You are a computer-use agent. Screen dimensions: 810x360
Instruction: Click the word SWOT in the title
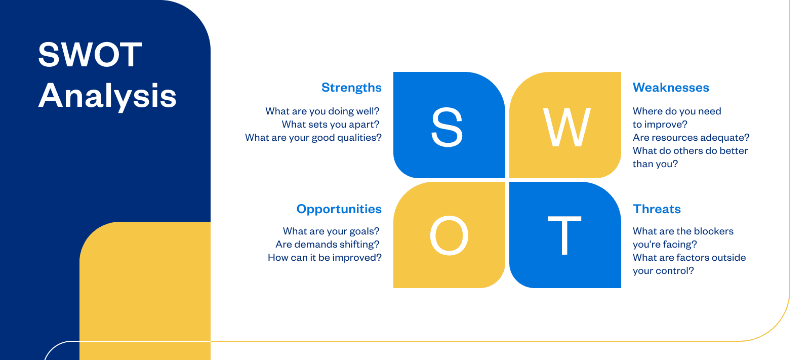coord(90,55)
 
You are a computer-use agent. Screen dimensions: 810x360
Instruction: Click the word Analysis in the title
coord(107,96)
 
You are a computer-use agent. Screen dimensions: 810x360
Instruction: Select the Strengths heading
coord(351,88)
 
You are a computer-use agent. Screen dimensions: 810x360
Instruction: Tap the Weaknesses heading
coord(671,88)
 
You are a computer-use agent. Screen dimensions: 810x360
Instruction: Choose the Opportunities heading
coord(339,209)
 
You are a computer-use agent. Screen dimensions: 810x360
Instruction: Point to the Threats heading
coord(657,209)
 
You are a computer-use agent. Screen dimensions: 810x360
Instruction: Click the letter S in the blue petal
coord(447,128)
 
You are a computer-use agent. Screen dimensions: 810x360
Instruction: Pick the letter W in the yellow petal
coord(567,128)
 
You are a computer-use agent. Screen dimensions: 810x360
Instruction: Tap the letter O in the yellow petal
coord(449,235)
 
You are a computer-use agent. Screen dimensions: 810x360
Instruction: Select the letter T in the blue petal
coord(564,235)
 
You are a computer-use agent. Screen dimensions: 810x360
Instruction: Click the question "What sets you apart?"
coord(331,125)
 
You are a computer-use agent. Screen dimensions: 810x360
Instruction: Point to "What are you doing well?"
coord(322,111)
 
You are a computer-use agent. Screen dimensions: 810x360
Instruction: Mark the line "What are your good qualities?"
coord(313,138)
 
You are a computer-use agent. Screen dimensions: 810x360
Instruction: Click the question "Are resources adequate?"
coord(691,138)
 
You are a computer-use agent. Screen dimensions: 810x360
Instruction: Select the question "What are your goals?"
coord(331,231)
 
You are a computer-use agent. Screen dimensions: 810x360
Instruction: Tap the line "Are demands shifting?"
coord(327,245)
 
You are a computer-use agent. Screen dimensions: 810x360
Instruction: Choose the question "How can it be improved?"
coord(325,258)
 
